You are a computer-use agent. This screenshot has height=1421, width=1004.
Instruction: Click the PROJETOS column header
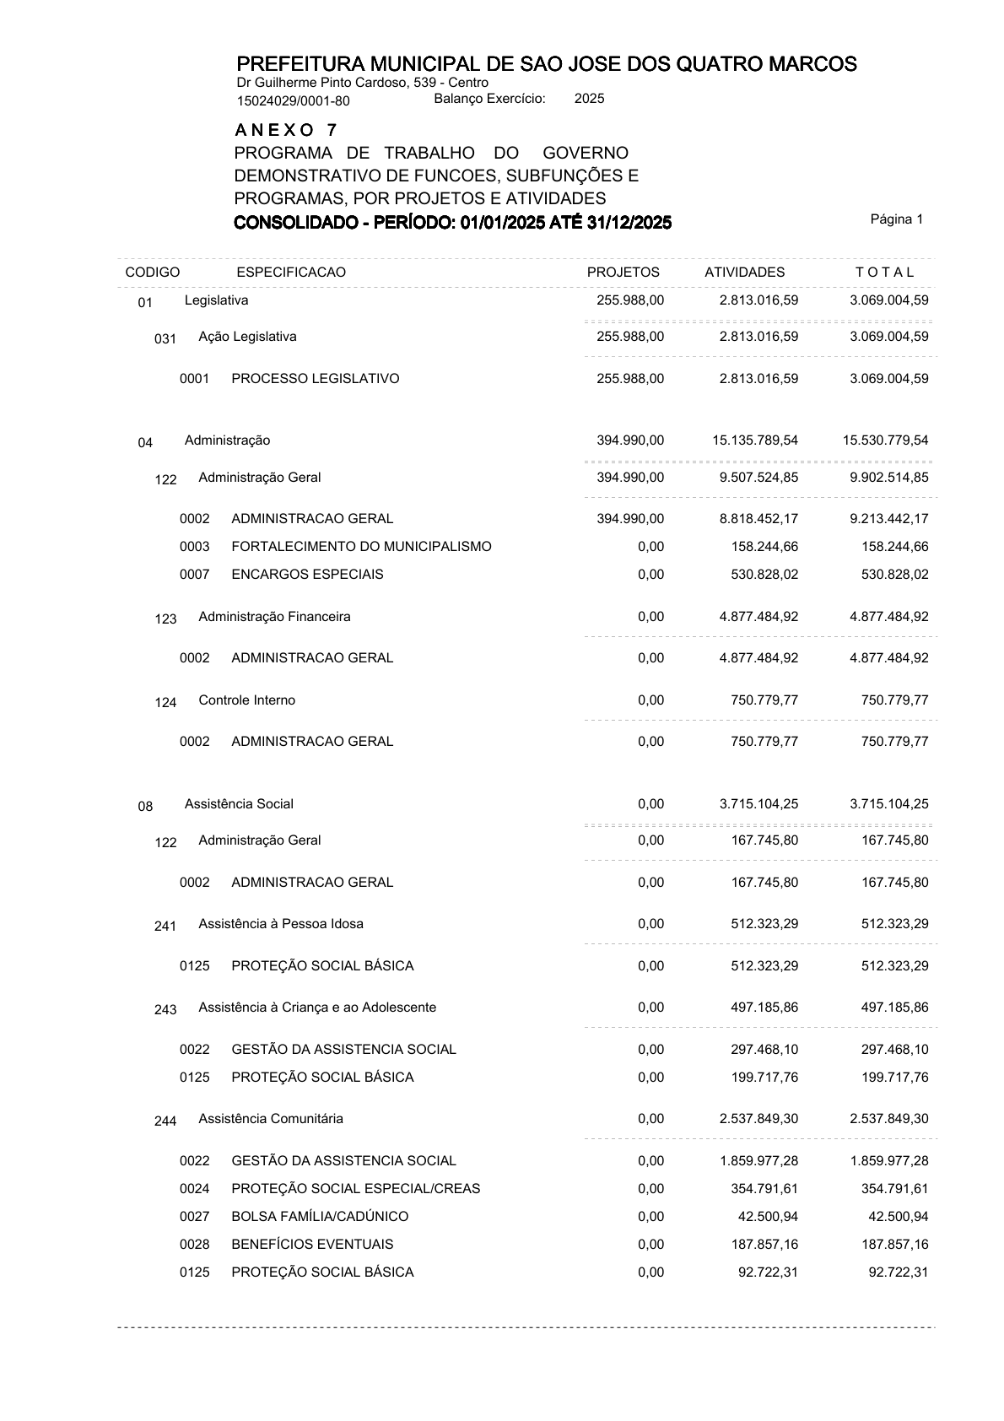[623, 273]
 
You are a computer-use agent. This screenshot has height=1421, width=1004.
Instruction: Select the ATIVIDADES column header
[744, 273]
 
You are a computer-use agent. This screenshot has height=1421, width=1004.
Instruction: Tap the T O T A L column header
[884, 273]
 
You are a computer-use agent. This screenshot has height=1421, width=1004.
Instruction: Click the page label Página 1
[896, 219]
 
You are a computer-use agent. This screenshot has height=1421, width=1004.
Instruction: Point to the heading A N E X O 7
[286, 131]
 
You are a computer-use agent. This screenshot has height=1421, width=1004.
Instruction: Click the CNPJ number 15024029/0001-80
[293, 102]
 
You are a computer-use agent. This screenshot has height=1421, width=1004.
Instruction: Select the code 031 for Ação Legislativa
[165, 339]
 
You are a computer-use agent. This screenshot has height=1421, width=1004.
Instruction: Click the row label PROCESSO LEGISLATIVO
[315, 379]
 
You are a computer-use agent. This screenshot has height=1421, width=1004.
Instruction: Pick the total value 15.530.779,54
[885, 440]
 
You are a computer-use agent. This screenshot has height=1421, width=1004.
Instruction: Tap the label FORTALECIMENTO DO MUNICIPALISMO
[361, 547]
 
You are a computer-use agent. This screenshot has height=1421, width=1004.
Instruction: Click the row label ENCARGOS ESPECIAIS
[307, 575]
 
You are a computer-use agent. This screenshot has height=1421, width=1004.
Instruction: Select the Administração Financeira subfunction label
[274, 617]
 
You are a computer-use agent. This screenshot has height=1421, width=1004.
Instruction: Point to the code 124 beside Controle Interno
[165, 703]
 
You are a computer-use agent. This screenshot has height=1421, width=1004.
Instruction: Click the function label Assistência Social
[239, 804]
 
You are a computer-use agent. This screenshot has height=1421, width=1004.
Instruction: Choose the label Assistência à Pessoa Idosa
[281, 924]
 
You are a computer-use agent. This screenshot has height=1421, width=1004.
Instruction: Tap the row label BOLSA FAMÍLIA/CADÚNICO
[320, 1217]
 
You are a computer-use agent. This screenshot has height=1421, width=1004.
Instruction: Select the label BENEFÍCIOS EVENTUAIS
[312, 1245]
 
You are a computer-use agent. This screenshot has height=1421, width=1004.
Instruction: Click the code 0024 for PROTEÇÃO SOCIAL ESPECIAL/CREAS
[194, 1189]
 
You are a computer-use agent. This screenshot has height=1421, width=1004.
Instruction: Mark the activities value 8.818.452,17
[758, 519]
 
